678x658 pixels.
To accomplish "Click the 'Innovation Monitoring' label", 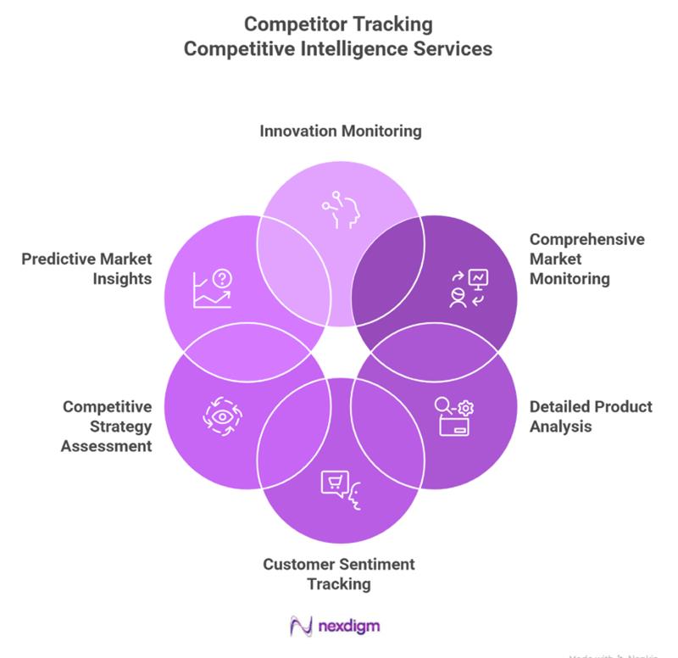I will pyautogui.click(x=340, y=131).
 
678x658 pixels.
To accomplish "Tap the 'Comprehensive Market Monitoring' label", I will pyautogui.click(x=586, y=259).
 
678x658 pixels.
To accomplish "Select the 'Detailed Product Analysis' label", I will pyautogui.click(x=591, y=416).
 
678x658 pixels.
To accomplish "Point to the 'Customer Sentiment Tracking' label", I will pyautogui.click(x=339, y=573).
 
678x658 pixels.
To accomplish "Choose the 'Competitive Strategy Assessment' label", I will pyautogui.click(x=107, y=427).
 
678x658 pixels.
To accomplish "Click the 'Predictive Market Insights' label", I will pyautogui.click(x=88, y=269).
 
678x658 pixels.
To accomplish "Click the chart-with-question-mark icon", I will pyautogui.click(x=213, y=288).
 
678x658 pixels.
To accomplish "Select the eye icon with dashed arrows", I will pyautogui.click(x=223, y=415).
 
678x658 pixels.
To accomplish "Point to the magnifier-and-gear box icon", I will pyautogui.click(x=455, y=415).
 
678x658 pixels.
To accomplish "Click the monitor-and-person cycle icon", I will pyautogui.click(x=467, y=288).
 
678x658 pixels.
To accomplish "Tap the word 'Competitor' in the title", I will pyautogui.click(x=293, y=23).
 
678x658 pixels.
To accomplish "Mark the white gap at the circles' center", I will pyautogui.click(x=340, y=352).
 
